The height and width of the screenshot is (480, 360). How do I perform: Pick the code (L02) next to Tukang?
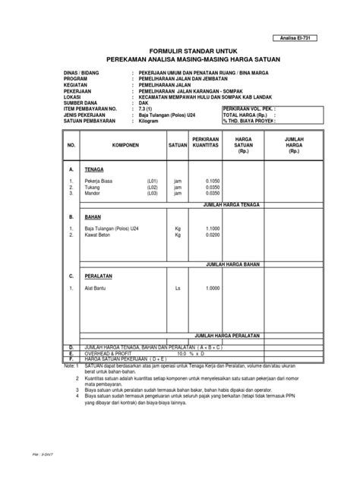tap(153, 209)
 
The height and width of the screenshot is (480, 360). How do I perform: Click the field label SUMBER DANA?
tap(80, 103)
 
